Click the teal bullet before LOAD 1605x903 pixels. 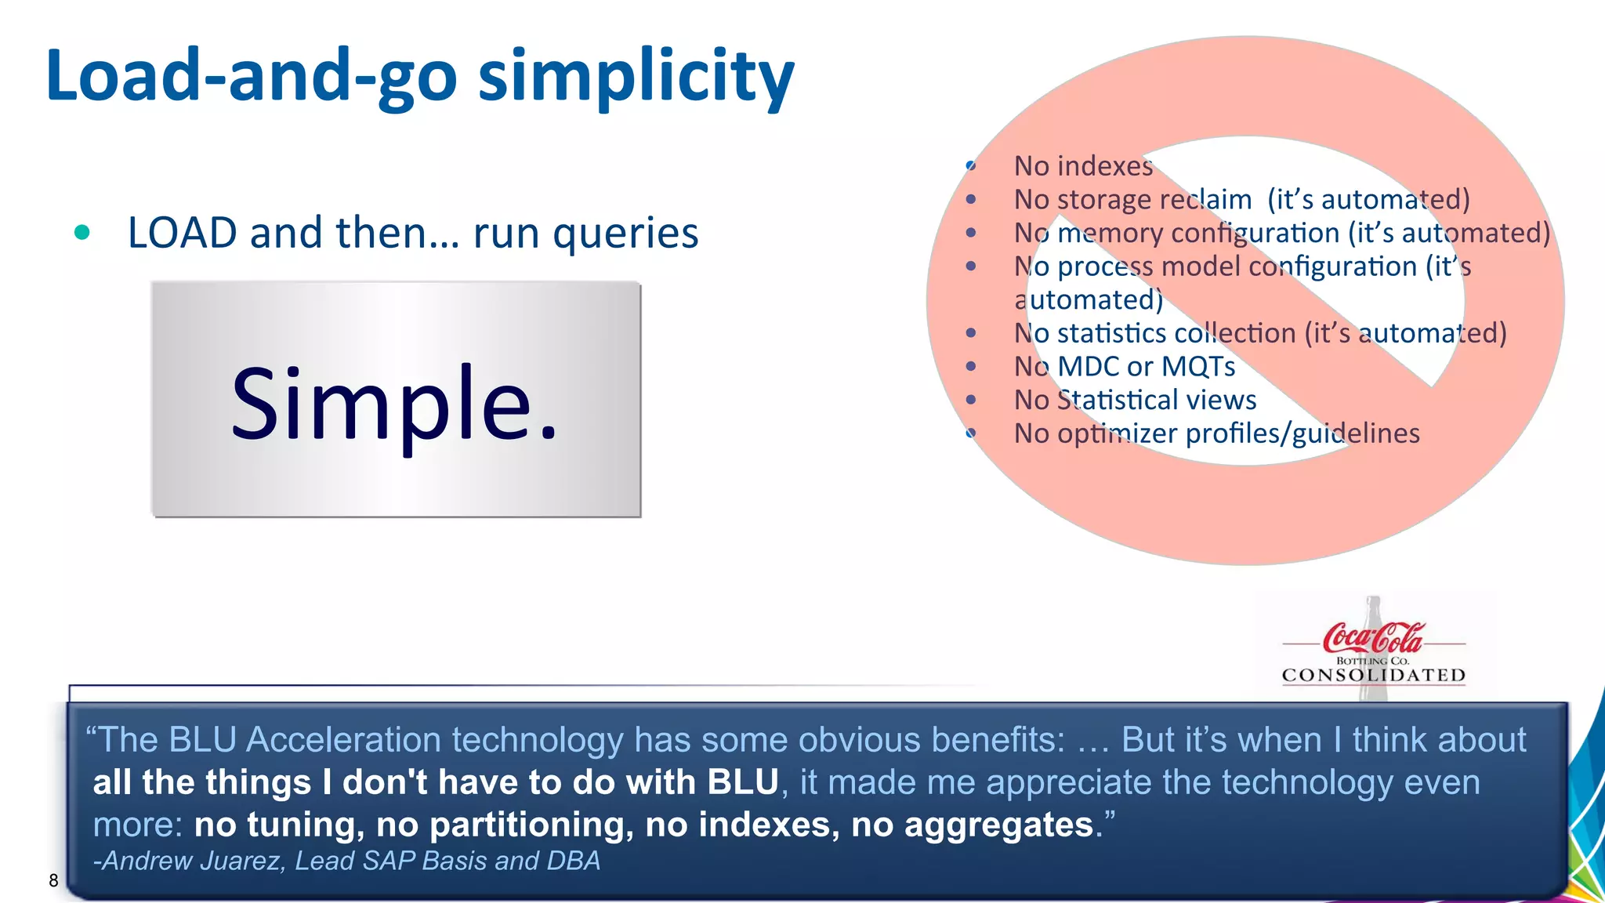pos(82,232)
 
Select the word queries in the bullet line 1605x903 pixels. pos(625,234)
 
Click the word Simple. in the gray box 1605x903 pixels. pos(394,403)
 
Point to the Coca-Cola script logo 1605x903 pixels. pos(1373,638)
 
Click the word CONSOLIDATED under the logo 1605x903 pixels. pos(1373,675)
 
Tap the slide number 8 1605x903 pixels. pos(53,880)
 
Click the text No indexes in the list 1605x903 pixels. pos(1083,166)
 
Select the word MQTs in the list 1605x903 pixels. pos(1197,367)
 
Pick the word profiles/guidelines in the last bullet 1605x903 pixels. pos(1302,433)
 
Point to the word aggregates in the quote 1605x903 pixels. pos(998,825)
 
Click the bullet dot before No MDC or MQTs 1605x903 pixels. pos(971,366)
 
